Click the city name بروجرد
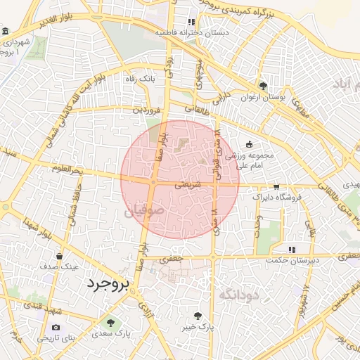pos(109,284)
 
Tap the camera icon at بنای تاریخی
pos(56,328)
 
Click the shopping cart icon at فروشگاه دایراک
pos(276,186)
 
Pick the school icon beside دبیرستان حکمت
pos(291,250)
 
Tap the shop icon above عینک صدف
pos(59,255)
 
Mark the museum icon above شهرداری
pos(6,32)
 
